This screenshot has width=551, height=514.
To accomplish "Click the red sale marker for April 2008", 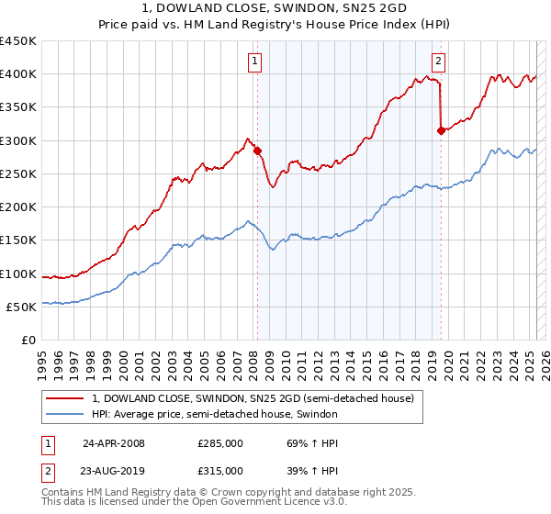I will click(257, 151).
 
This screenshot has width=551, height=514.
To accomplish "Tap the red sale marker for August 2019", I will click(441, 130).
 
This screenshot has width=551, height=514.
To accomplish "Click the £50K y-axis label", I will click(22, 307).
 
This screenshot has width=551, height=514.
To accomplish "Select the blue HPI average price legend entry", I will click(215, 415).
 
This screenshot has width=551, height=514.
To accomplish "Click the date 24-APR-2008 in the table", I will click(114, 442).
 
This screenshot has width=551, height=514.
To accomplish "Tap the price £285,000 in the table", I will click(220, 442).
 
